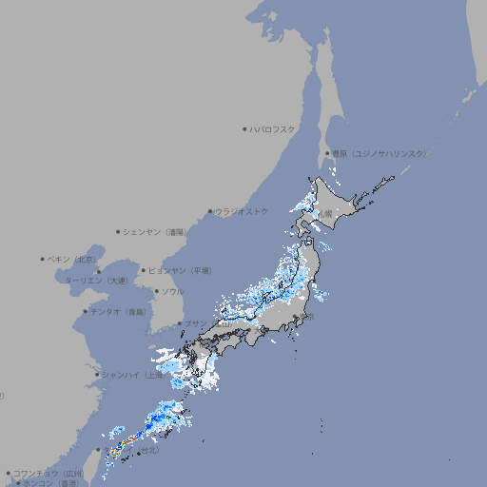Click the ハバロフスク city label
pyautogui.click(x=273, y=128)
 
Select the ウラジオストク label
pyautogui.click(x=242, y=211)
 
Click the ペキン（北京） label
pyautogui.click(x=73, y=259)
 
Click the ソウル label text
pyautogui.click(x=172, y=291)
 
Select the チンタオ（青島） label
pyautogui.click(x=119, y=311)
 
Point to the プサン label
pyautogui.click(x=194, y=323)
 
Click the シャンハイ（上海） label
pyautogui.click(x=132, y=375)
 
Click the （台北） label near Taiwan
pyautogui.click(x=151, y=448)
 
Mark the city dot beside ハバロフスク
pyautogui.click(x=244, y=128)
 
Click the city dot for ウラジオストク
pyautogui.click(x=210, y=211)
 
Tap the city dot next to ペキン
pyautogui.click(x=43, y=259)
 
